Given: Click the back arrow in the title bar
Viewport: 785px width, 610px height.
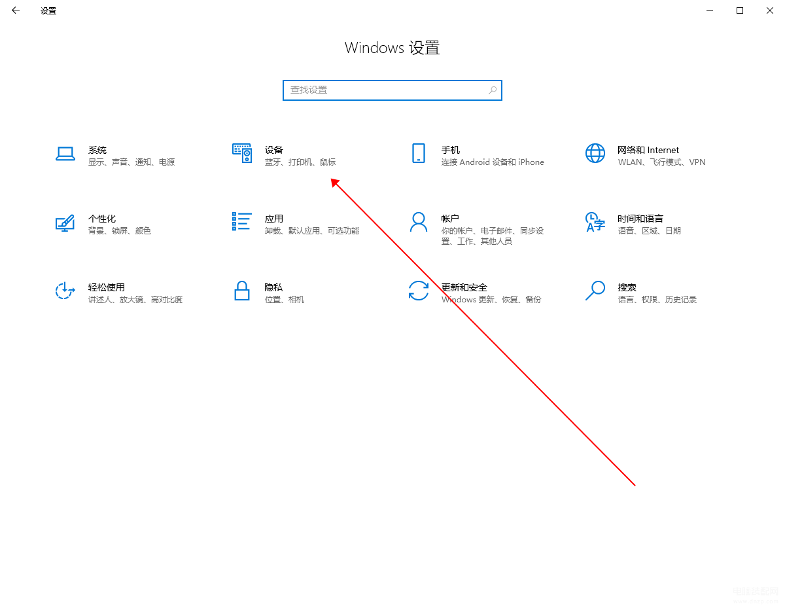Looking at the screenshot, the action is [16, 10].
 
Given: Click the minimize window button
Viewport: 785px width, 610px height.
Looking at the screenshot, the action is [710, 11].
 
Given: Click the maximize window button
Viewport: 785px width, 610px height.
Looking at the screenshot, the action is [739, 10].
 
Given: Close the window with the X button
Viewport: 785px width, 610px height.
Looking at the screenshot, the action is [769, 10].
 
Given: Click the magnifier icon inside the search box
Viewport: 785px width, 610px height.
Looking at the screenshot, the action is [493, 90].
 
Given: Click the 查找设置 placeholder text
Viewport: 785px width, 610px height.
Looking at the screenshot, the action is [309, 90].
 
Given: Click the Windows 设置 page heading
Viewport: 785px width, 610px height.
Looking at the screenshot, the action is [392, 48].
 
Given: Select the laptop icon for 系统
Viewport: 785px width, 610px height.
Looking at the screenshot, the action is [65, 154].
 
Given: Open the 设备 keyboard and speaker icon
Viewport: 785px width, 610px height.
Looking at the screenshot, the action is [242, 153].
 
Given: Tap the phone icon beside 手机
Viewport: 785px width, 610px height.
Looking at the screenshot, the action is [418, 153].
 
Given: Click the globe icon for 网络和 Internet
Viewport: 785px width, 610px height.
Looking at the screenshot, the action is [595, 153].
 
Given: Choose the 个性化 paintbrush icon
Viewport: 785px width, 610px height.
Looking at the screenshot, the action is [65, 223].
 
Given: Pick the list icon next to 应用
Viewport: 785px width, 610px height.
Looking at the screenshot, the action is [241, 221].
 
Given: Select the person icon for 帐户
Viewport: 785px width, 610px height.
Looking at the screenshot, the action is [418, 222].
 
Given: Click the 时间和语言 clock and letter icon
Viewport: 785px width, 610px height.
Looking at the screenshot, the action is [595, 222].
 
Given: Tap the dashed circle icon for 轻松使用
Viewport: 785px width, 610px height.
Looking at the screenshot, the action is [65, 291].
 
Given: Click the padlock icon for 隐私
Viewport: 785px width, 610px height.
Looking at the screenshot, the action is [241, 291].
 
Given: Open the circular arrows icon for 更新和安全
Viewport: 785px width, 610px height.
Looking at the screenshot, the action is [418, 291].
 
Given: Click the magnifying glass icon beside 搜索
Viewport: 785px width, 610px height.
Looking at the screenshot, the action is [595, 291].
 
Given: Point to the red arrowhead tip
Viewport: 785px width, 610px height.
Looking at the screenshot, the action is [331, 179].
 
